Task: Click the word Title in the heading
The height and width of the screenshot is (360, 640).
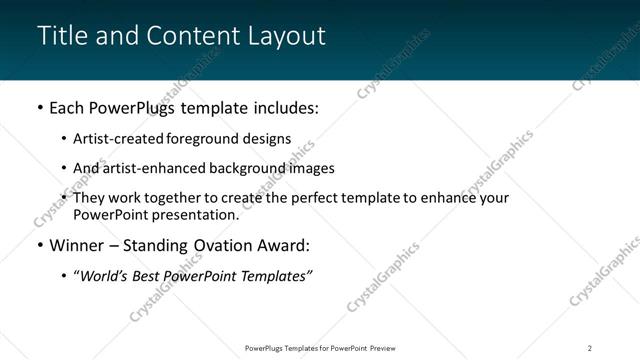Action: point(59,35)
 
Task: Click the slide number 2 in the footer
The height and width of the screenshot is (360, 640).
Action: point(590,347)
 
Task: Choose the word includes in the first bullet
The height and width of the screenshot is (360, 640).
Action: point(284,107)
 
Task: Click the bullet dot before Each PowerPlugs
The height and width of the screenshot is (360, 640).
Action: point(39,107)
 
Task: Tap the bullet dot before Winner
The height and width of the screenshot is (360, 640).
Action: point(39,246)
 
